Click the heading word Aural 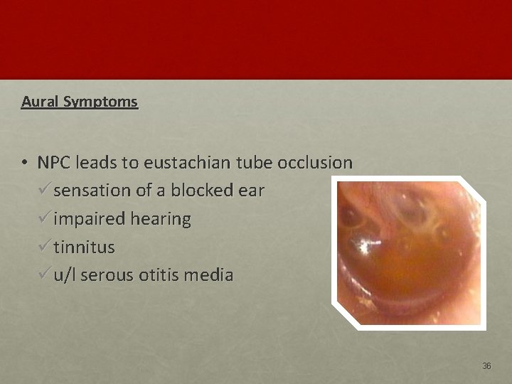[x=40, y=102]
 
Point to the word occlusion [x=316, y=163]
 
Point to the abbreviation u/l [x=65, y=275]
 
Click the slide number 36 [x=486, y=366]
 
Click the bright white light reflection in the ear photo [x=369, y=247]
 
